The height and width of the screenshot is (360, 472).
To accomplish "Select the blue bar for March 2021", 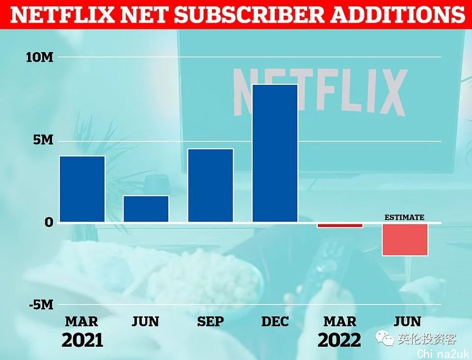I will pos(82,189).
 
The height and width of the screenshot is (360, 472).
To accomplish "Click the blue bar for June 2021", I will pos(146,209).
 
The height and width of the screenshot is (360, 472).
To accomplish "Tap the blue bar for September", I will pos(210,185).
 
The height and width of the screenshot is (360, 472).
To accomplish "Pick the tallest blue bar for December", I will pos(275,154).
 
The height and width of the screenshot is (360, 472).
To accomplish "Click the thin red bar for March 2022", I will pos(340,226).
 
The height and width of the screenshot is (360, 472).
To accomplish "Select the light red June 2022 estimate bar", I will pos(404,239).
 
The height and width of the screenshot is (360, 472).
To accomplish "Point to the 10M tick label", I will pos(40,57).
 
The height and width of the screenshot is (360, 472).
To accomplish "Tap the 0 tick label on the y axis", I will pos(49,223).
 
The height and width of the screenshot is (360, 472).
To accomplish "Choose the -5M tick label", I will pos(40,305).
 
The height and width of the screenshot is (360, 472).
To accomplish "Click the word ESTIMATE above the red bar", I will pos(404,217).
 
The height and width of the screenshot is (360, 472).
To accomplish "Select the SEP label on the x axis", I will pos(210,322).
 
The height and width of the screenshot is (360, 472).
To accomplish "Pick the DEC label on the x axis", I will pos(275,322).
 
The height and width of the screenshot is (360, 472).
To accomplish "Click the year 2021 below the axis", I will pos(82,339).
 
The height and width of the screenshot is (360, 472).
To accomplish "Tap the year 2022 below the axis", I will pos(339,339).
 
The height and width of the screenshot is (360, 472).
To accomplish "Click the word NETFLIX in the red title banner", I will pos(61,15).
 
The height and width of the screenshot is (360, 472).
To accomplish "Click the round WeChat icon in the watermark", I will pos(386,338).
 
